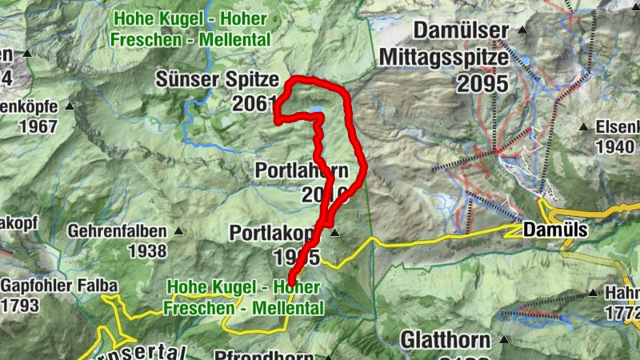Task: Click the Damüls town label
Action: [x=555, y=230]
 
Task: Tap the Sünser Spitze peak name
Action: [x=218, y=80]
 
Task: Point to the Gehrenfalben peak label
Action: [x=118, y=231]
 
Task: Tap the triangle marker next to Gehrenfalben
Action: [x=178, y=232]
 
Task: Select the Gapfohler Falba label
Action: [x=59, y=286]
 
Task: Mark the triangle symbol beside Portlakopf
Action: [x=335, y=233]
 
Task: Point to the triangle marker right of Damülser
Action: [x=522, y=30]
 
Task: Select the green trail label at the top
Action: [x=192, y=27]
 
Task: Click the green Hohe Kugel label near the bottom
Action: [x=244, y=297]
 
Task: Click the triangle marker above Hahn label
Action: [x=594, y=293]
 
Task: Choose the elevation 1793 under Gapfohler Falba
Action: [x=19, y=305]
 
